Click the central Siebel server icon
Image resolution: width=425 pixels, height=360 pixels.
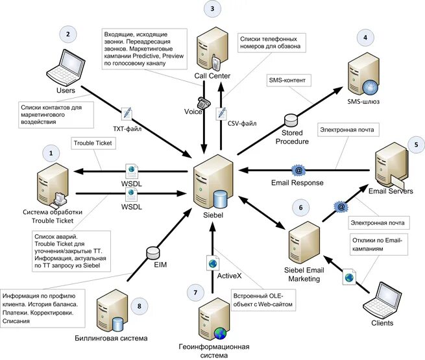[x=213, y=182]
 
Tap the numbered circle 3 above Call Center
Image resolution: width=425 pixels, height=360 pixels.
[x=212, y=8]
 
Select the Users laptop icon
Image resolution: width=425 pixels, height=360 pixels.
[x=66, y=67]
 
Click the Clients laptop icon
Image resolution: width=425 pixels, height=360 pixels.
[x=382, y=301]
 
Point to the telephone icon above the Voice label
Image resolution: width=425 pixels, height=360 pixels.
[x=204, y=102]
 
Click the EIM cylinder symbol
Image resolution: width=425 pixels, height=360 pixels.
[x=152, y=253]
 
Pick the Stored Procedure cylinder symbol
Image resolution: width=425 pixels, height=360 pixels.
[x=291, y=121]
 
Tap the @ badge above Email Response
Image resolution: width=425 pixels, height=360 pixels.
[x=298, y=171]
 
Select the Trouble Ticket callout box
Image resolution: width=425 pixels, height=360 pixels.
[x=93, y=143]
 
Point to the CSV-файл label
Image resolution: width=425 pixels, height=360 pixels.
[x=242, y=123]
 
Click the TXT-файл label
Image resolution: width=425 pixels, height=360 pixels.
[x=127, y=129]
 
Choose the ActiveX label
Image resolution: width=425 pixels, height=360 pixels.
[x=229, y=276]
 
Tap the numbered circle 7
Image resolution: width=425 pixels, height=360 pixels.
[x=195, y=293]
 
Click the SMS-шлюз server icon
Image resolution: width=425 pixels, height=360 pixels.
[x=363, y=75]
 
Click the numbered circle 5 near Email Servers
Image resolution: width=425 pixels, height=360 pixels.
[x=417, y=145]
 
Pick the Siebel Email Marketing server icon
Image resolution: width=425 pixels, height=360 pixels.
[x=304, y=243]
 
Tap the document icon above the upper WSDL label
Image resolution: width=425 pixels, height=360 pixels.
[x=132, y=171]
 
